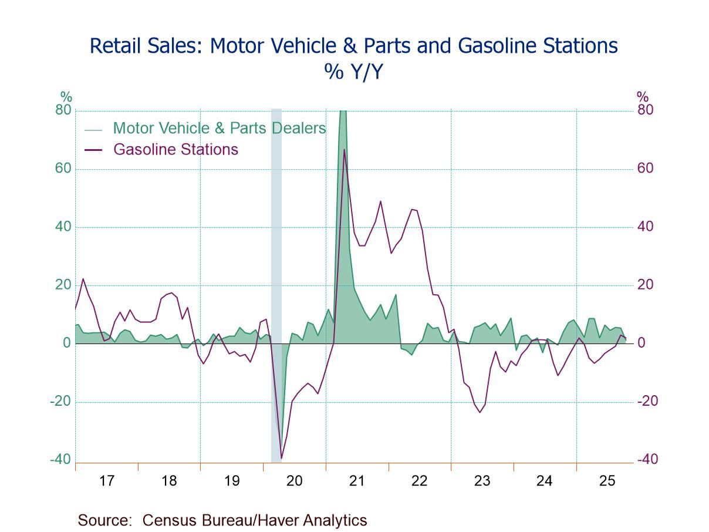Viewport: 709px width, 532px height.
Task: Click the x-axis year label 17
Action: click(x=106, y=481)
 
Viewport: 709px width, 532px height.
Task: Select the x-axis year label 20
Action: click(x=294, y=481)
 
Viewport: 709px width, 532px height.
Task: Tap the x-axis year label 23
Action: click(x=482, y=481)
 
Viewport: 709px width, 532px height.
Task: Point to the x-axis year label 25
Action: click(x=607, y=481)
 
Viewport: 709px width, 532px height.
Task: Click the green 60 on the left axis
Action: click(x=63, y=169)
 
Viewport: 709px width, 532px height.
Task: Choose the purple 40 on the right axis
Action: click(x=646, y=227)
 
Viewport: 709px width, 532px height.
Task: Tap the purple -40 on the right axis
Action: click(x=647, y=460)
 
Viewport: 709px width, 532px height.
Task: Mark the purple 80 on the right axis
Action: click(x=646, y=110)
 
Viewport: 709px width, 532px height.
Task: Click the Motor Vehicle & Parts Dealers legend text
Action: click(x=220, y=128)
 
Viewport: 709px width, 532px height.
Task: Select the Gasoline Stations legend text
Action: click(x=175, y=149)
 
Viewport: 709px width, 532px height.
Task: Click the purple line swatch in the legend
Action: click(x=93, y=150)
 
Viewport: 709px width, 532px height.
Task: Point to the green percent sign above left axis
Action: click(x=66, y=97)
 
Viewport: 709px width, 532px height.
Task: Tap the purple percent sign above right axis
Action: click(x=643, y=97)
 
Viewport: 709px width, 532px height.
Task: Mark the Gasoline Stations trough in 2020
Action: click(x=281, y=458)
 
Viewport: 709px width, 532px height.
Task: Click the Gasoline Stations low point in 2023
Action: click(x=480, y=412)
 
